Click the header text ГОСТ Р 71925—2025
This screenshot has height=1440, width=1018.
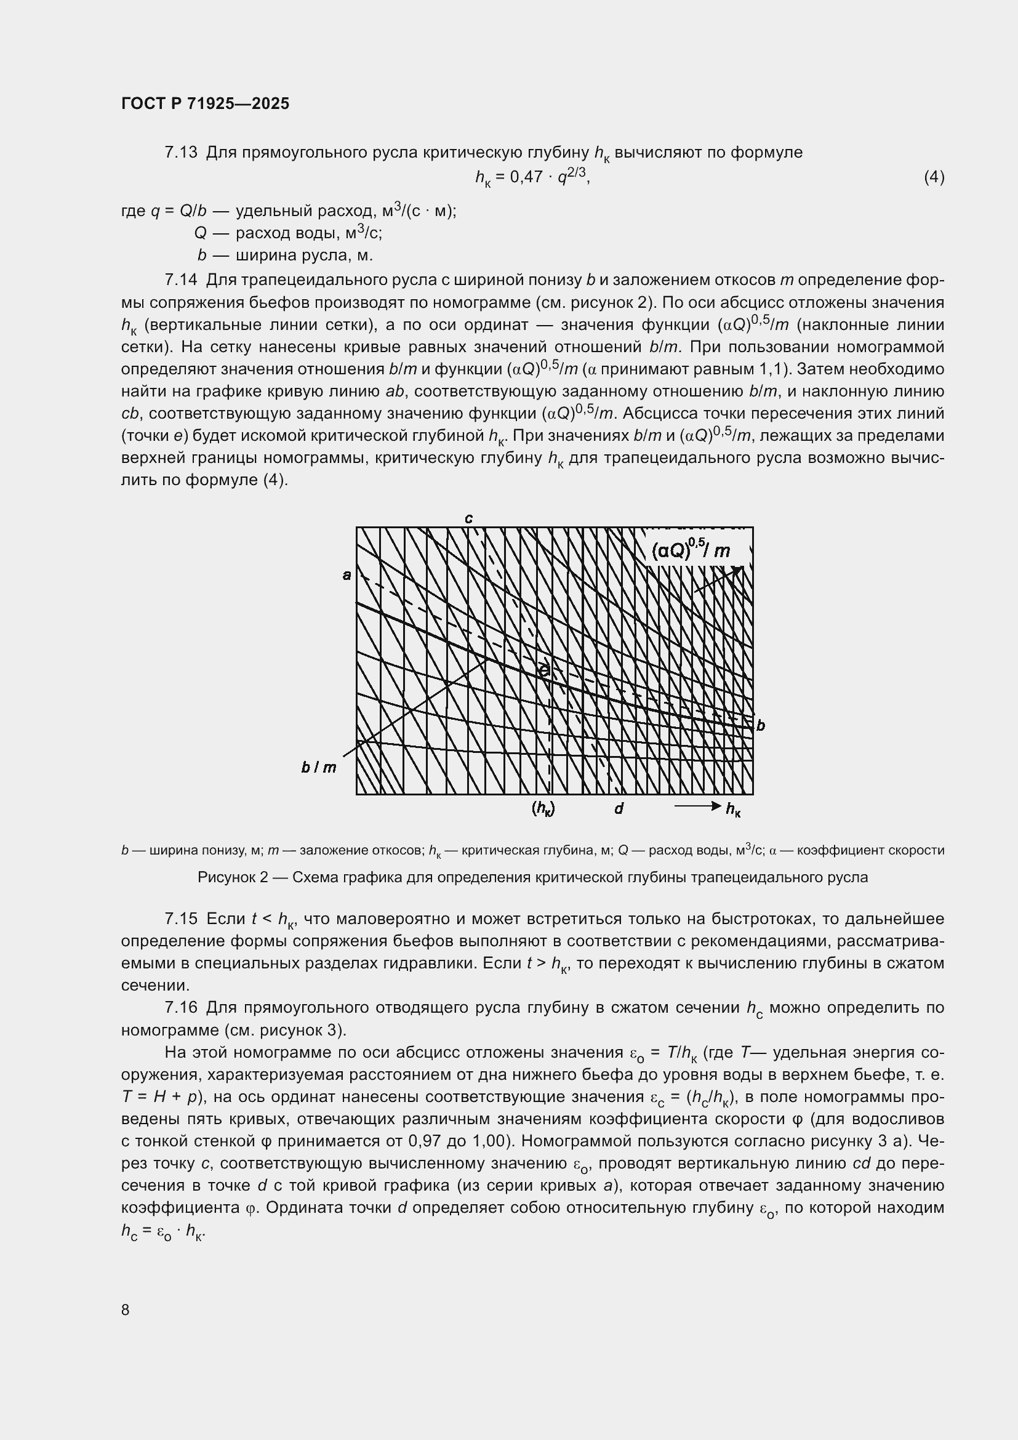[x=205, y=103]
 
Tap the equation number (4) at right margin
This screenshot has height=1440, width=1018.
[x=934, y=177]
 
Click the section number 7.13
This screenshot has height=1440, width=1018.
[x=180, y=153]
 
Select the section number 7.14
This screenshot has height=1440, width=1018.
[x=180, y=280]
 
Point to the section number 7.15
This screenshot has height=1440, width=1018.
[x=180, y=919]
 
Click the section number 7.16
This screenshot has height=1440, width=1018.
[x=180, y=1008]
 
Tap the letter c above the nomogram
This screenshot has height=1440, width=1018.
[x=468, y=518]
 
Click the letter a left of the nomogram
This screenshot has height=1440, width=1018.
[x=347, y=574]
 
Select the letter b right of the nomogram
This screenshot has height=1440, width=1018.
[x=760, y=726]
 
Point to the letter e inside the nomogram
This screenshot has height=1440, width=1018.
[x=544, y=670]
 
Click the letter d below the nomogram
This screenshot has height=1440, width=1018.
[x=618, y=809]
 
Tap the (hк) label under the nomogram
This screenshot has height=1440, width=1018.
[x=543, y=809]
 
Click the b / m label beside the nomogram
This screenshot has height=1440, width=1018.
[x=318, y=767]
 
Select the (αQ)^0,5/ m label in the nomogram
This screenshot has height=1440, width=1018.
[x=690, y=550]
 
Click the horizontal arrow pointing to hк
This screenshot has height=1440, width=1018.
[x=697, y=806]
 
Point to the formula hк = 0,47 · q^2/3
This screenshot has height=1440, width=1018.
[x=532, y=177]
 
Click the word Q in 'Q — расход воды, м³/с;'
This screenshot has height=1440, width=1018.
[x=200, y=233]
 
